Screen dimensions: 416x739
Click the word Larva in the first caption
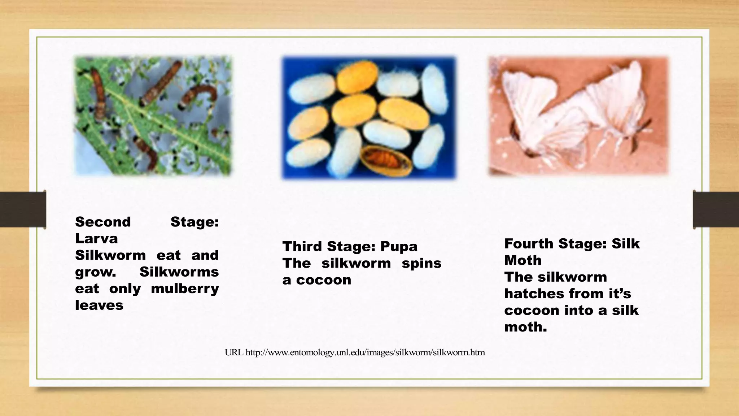click(x=96, y=239)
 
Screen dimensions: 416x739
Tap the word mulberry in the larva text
click(x=185, y=289)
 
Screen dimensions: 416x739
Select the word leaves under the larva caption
click(x=99, y=305)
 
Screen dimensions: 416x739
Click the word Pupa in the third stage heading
click(x=399, y=247)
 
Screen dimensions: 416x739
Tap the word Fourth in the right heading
click(x=529, y=244)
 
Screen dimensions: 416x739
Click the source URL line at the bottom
click(x=355, y=352)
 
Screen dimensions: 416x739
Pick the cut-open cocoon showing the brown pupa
click(x=386, y=161)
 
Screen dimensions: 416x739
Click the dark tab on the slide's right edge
click(x=716, y=209)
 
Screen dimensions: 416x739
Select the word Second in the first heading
click(x=103, y=222)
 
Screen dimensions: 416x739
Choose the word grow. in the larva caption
click(x=96, y=272)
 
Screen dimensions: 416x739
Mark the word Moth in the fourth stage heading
click(x=523, y=260)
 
